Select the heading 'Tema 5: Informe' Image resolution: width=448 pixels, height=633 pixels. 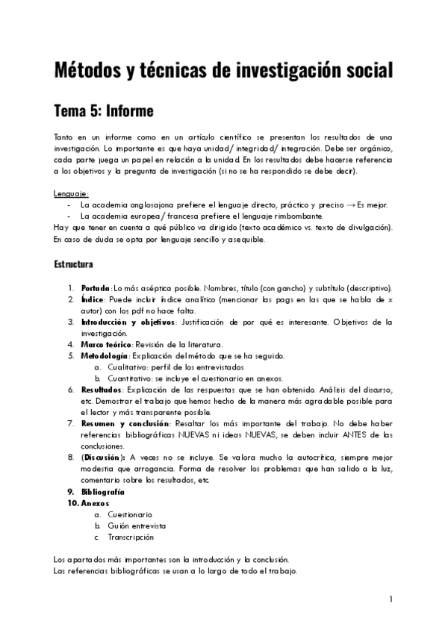(x=103, y=111)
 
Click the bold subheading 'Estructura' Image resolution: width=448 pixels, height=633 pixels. (x=73, y=264)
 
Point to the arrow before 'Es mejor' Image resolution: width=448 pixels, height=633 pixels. (x=350, y=205)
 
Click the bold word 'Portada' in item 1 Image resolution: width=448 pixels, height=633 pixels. (x=96, y=288)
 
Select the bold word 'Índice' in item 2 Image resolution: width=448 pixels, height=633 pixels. (x=93, y=299)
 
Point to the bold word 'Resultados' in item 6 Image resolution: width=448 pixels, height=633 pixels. (x=102, y=390)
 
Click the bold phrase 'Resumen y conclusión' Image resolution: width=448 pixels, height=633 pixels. (x=122, y=423)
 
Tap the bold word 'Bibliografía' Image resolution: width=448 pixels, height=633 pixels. (x=103, y=492)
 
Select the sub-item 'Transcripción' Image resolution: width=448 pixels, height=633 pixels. (x=131, y=537)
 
